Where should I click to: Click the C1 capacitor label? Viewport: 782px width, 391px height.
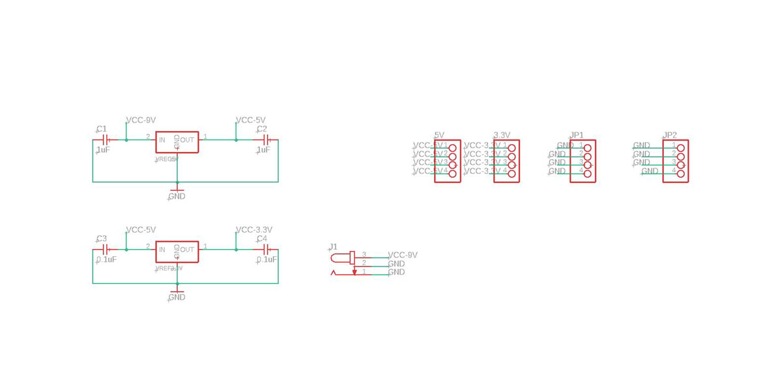(102, 129)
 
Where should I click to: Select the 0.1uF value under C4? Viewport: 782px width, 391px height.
(267, 259)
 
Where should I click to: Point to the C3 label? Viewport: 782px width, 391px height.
(102, 239)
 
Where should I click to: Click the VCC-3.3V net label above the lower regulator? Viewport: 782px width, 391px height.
(254, 230)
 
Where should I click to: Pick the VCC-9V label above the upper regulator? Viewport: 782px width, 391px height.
(141, 121)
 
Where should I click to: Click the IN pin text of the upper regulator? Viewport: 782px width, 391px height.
(162, 140)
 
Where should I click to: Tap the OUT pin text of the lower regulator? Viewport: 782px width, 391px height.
(187, 250)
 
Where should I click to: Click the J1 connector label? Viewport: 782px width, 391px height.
(333, 247)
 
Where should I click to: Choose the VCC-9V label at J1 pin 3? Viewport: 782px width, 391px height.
(403, 255)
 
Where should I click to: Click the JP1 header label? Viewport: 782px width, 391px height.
(577, 136)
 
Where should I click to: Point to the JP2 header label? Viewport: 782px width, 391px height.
(670, 136)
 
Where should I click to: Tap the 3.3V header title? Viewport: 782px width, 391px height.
(501, 136)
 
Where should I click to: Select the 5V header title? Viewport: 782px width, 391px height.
(439, 136)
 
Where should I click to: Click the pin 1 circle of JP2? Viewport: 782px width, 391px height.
(681, 148)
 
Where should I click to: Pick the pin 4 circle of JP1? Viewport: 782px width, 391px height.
(587, 173)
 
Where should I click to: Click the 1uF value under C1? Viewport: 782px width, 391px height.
(103, 150)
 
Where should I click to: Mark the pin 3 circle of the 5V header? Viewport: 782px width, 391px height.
(453, 165)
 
